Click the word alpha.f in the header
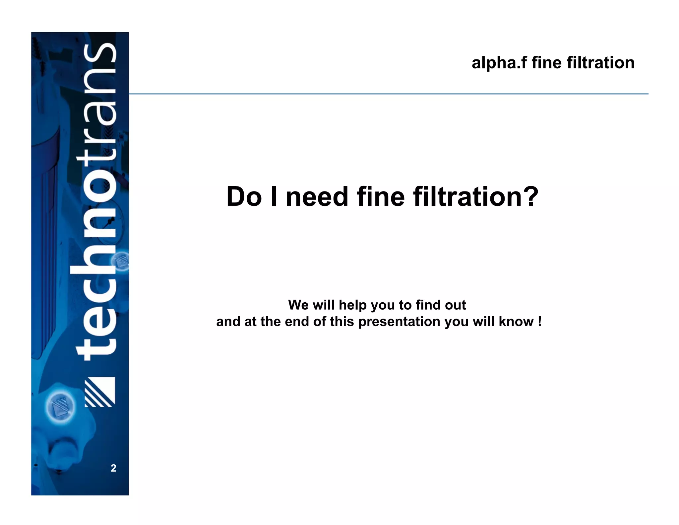499,63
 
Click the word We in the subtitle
298,305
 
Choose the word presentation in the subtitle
400,322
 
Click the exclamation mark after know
540,321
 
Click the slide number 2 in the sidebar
113,468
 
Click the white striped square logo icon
100,392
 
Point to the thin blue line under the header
388,94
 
